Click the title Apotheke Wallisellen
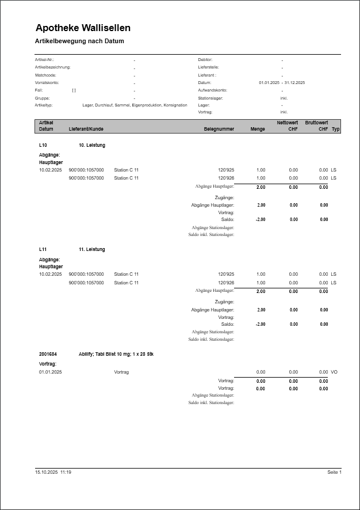(x=83, y=28)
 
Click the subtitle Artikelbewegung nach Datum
(x=79, y=41)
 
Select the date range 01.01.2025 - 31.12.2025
(x=282, y=83)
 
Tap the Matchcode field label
(x=45, y=75)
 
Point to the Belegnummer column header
(x=219, y=129)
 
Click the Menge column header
(x=258, y=129)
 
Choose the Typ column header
(x=336, y=129)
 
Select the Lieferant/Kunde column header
(x=86, y=129)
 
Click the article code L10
(x=43, y=145)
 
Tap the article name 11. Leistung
(x=92, y=249)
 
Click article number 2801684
(x=48, y=354)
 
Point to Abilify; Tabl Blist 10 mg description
(x=116, y=354)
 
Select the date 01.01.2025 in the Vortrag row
(x=50, y=372)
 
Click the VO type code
(x=334, y=372)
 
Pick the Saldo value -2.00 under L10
(x=261, y=219)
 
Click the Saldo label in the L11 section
(x=228, y=324)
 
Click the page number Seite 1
(x=334, y=472)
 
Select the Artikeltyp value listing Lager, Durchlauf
(x=135, y=105)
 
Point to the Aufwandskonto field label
(x=212, y=90)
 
